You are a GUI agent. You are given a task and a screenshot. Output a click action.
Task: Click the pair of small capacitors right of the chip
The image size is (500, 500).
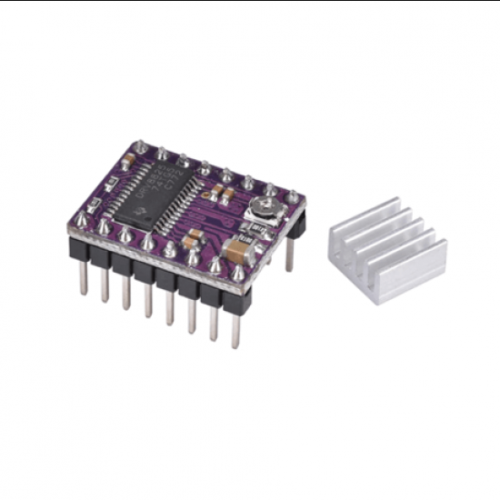point(218,194)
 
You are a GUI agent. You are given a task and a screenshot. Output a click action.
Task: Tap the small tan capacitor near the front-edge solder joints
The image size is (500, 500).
point(193,239)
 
